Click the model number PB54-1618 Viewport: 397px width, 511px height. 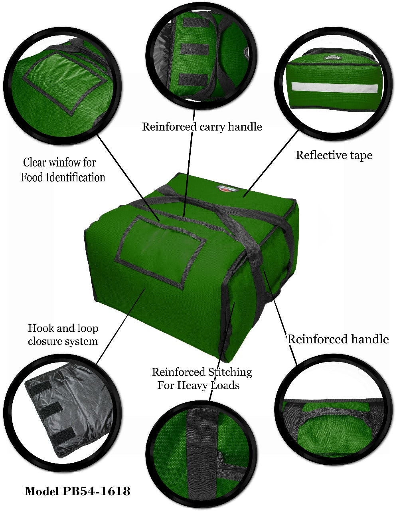click(x=96, y=491)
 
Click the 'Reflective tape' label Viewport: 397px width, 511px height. click(x=334, y=155)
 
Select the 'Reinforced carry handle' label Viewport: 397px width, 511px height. click(x=202, y=127)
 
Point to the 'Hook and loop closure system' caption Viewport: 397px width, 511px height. click(x=63, y=335)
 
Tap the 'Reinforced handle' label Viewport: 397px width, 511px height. click(x=338, y=339)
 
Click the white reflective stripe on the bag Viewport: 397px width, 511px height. click(x=334, y=87)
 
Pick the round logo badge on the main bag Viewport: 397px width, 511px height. click(x=228, y=188)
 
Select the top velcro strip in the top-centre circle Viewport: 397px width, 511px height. click(x=195, y=23)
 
